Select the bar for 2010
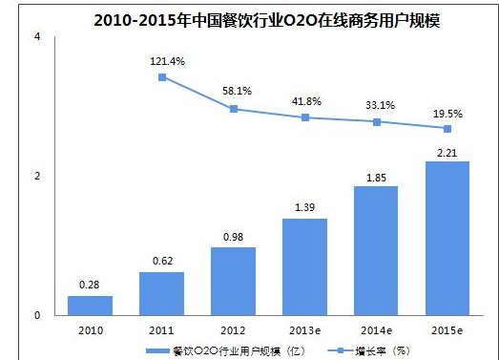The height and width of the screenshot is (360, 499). pos(90,306)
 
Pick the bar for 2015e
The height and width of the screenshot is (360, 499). pos(447,239)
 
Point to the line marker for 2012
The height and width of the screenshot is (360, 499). pos(234,109)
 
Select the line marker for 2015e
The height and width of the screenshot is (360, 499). pos(447,129)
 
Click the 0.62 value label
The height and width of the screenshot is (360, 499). pos(161,259)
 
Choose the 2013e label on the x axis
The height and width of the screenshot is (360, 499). pos(305,329)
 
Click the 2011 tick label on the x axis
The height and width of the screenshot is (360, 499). pos(162,329)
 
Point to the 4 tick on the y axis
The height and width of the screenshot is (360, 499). pos(37,37)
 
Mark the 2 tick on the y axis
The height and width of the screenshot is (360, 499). pos(37,177)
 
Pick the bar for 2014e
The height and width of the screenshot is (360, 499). pos(376,251)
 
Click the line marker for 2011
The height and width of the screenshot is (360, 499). pos(162,77)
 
